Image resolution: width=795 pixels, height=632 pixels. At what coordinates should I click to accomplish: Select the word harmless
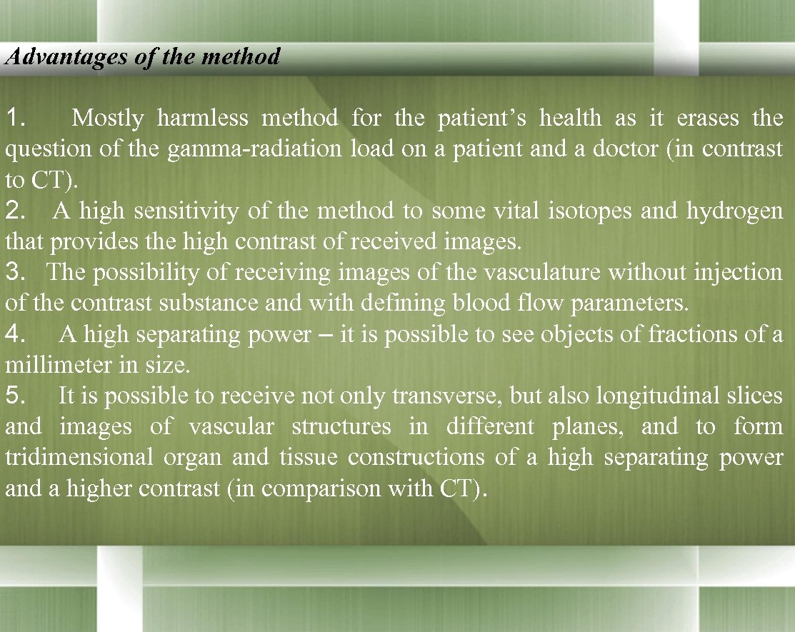tap(203, 118)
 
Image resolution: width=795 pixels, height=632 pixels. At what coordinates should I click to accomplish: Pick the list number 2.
tap(15, 211)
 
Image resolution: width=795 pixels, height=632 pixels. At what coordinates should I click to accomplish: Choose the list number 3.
tap(15, 272)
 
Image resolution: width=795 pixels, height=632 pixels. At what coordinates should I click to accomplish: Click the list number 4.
tap(15, 334)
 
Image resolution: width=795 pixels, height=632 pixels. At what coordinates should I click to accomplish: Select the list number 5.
tap(15, 396)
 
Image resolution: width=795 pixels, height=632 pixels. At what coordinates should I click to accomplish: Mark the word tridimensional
tap(79, 458)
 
